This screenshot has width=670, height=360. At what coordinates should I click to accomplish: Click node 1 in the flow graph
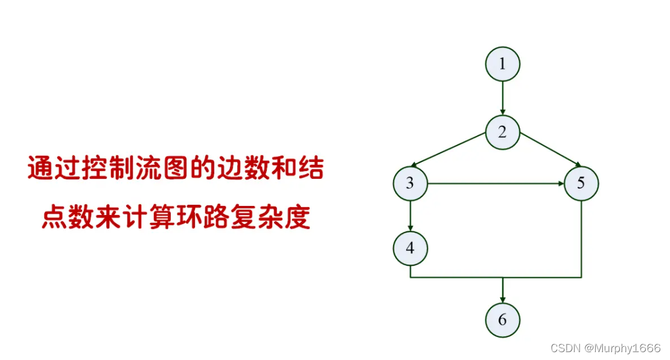point(502,64)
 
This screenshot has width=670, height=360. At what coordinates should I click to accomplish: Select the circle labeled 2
point(502,132)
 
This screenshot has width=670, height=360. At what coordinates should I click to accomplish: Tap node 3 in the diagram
point(410,183)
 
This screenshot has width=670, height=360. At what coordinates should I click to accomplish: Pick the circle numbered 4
point(410,248)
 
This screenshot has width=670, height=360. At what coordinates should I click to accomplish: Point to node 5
point(581,183)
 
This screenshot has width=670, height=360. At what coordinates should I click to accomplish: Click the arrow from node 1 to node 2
point(502,98)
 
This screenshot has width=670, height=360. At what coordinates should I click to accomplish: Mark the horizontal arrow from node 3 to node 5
point(495,183)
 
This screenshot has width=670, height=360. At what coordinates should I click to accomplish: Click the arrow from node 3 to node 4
point(410,216)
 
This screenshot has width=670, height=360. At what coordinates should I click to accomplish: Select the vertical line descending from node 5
point(581,239)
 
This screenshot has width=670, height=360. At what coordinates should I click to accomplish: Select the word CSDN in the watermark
point(565,349)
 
